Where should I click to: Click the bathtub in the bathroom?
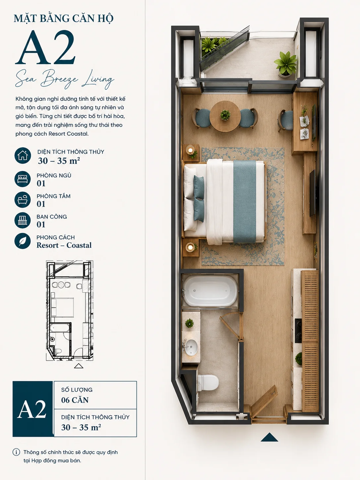(210, 291)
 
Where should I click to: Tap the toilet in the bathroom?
(208, 383)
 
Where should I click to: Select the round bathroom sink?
(191, 347)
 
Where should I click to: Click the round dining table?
(225, 116)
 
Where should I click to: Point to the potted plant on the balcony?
(286, 64)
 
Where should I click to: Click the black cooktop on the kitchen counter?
(298, 330)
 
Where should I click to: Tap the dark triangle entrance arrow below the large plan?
(269, 437)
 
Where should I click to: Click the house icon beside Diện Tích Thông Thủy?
(23, 155)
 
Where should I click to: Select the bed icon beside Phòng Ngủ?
(23, 179)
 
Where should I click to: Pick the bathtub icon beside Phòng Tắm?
(23, 200)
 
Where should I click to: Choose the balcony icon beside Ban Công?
(23, 220)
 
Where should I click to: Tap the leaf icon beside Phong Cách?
(23, 241)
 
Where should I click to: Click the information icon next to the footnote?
(16, 452)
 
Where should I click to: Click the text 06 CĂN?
(75, 400)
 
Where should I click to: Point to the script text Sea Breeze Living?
(65, 79)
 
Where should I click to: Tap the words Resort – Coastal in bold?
(64, 245)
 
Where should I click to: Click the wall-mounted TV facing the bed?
(313, 193)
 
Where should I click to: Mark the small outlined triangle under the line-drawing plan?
(79, 366)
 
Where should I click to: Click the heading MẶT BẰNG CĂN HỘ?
(64, 18)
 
